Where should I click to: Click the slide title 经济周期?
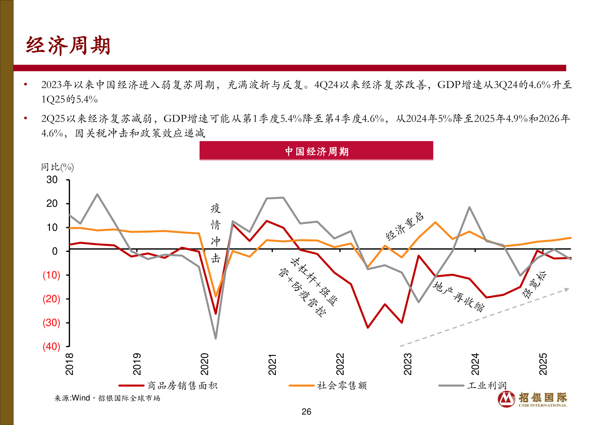[x=68, y=45]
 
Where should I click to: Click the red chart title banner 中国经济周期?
[x=316, y=151]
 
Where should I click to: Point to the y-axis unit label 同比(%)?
[x=57, y=167]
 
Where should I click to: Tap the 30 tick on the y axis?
[x=52, y=180]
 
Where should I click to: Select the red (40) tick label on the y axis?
[x=51, y=346]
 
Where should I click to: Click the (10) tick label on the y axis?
[x=51, y=275]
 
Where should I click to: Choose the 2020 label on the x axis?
[x=205, y=364]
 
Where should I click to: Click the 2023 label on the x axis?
[x=408, y=364]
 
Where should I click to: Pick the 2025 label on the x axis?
[x=543, y=364]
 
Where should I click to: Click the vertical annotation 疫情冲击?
[x=216, y=233]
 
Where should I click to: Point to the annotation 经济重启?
[x=405, y=226]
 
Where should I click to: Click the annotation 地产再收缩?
[x=459, y=296]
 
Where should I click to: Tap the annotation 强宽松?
[x=534, y=285]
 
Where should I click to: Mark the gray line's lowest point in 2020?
[x=215, y=338]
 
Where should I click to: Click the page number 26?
[x=306, y=412]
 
